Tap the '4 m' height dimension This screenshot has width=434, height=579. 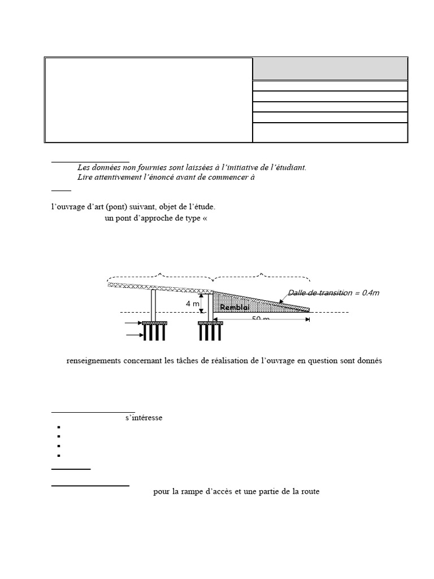[x=192, y=304]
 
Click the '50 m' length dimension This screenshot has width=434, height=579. [x=260, y=319]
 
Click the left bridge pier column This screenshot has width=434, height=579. [x=153, y=305]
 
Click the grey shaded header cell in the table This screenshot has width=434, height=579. [x=329, y=69]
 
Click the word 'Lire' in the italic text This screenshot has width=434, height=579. [x=84, y=178]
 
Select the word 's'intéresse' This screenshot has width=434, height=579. [x=144, y=418]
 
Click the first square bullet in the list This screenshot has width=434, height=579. [x=59, y=427]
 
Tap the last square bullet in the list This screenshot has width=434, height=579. [x=59, y=455]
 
